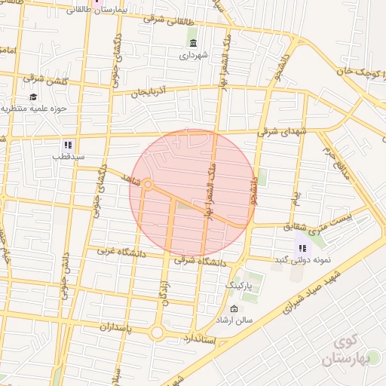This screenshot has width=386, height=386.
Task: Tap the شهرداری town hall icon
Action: point(193,42)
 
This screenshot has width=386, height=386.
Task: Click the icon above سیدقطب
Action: point(68,144)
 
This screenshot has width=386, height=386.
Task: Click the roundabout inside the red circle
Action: point(148,184)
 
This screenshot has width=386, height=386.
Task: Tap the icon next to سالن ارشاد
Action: point(234,309)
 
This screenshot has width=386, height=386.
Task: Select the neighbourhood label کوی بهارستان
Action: point(346,351)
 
